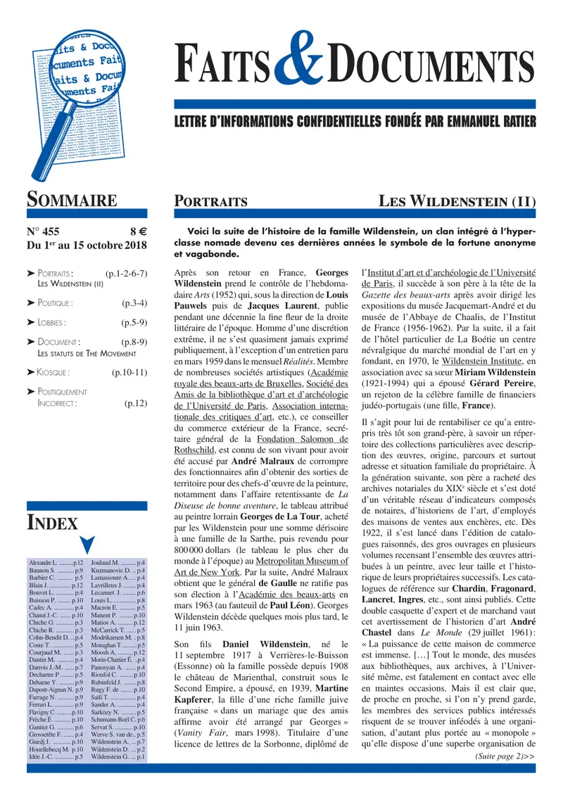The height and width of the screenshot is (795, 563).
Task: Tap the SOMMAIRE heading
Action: coord(72,200)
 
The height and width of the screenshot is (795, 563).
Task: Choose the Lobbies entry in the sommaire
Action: coord(52,323)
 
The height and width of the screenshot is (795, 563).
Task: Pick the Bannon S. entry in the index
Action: coord(44,573)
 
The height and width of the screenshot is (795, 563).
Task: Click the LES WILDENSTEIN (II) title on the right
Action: coord(457,201)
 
